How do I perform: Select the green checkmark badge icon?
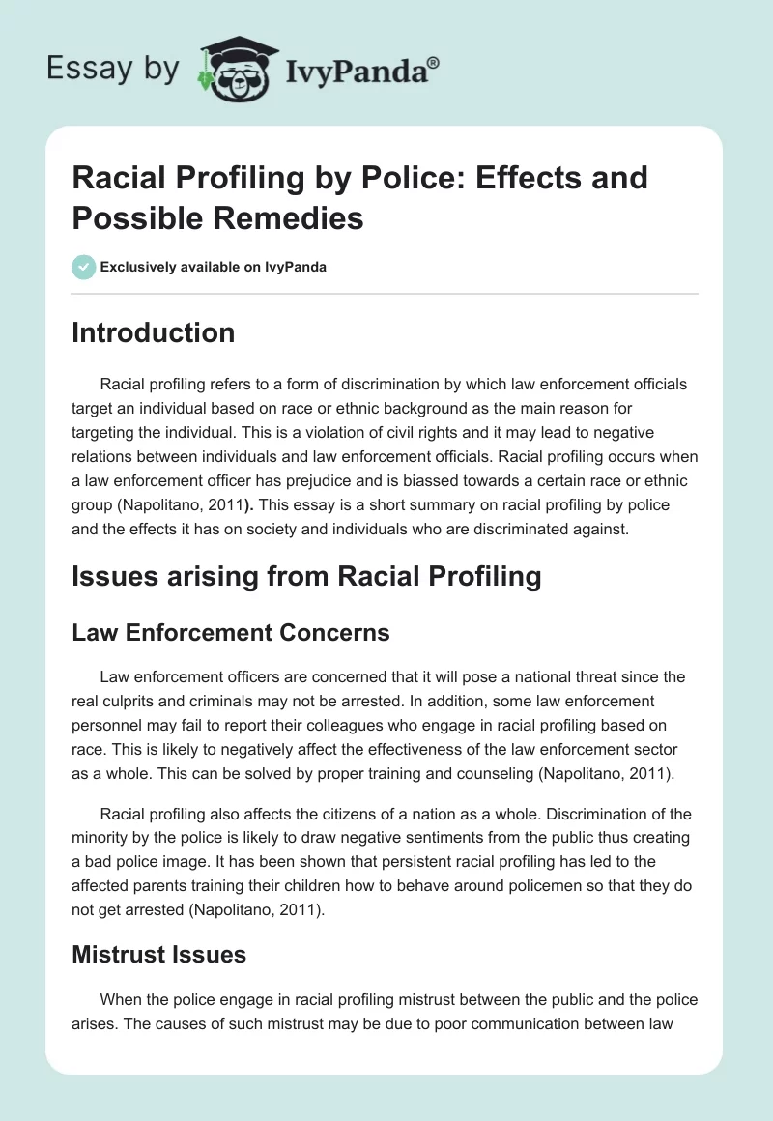(x=84, y=267)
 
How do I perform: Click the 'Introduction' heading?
(x=154, y=332)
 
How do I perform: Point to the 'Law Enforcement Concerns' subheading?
(x=231, y=633)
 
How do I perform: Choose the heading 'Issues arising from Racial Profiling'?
(x=307, y=578)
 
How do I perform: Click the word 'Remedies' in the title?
(x=299, y=217)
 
